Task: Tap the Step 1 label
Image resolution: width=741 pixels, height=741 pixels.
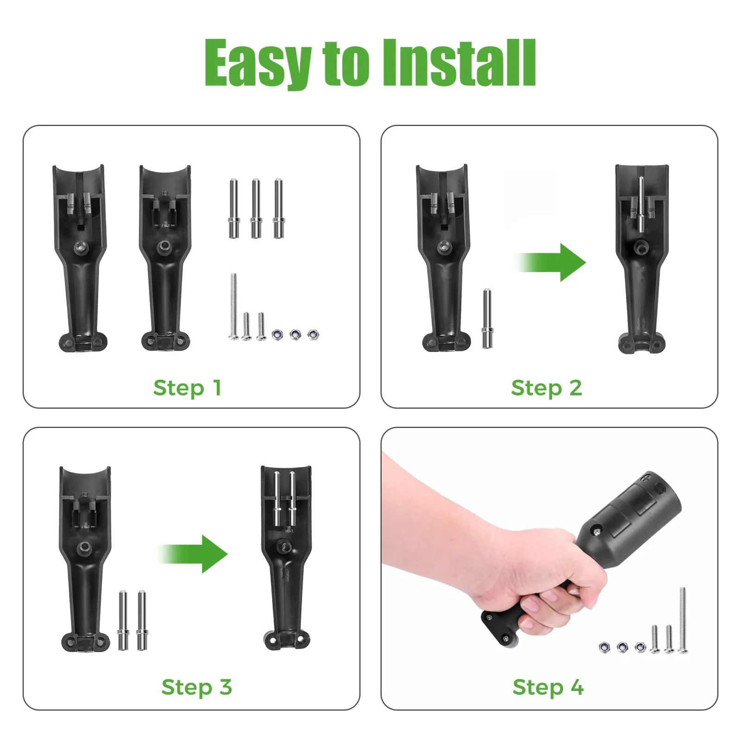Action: (x=188, y=388)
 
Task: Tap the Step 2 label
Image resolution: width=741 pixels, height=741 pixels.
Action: (x=546, y=388)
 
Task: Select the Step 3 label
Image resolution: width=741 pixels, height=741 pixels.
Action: (x=196, y=687)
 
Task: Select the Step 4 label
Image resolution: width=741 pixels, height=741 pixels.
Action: (x=548, y=687)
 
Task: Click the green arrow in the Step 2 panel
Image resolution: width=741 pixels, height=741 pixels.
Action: (x=551, y=262)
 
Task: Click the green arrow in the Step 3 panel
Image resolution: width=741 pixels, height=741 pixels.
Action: (x=193, y=554)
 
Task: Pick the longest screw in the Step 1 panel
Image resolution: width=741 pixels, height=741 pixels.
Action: (x=234, y=307)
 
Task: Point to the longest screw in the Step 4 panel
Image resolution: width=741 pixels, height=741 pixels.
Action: (x=683, y=621)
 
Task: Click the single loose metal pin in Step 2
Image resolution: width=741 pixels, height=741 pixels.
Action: (x=487, y=318)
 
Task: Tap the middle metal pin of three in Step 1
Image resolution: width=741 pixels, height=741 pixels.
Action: (x=256, y=208)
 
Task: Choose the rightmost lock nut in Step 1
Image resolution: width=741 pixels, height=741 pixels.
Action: (x=314, y=334)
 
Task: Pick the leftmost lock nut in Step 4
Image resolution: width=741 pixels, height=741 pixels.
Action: (x=604, y=647)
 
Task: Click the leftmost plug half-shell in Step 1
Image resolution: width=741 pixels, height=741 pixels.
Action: (x=80, y=257)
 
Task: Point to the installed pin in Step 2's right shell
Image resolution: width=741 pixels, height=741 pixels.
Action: (x=641, y=204)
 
